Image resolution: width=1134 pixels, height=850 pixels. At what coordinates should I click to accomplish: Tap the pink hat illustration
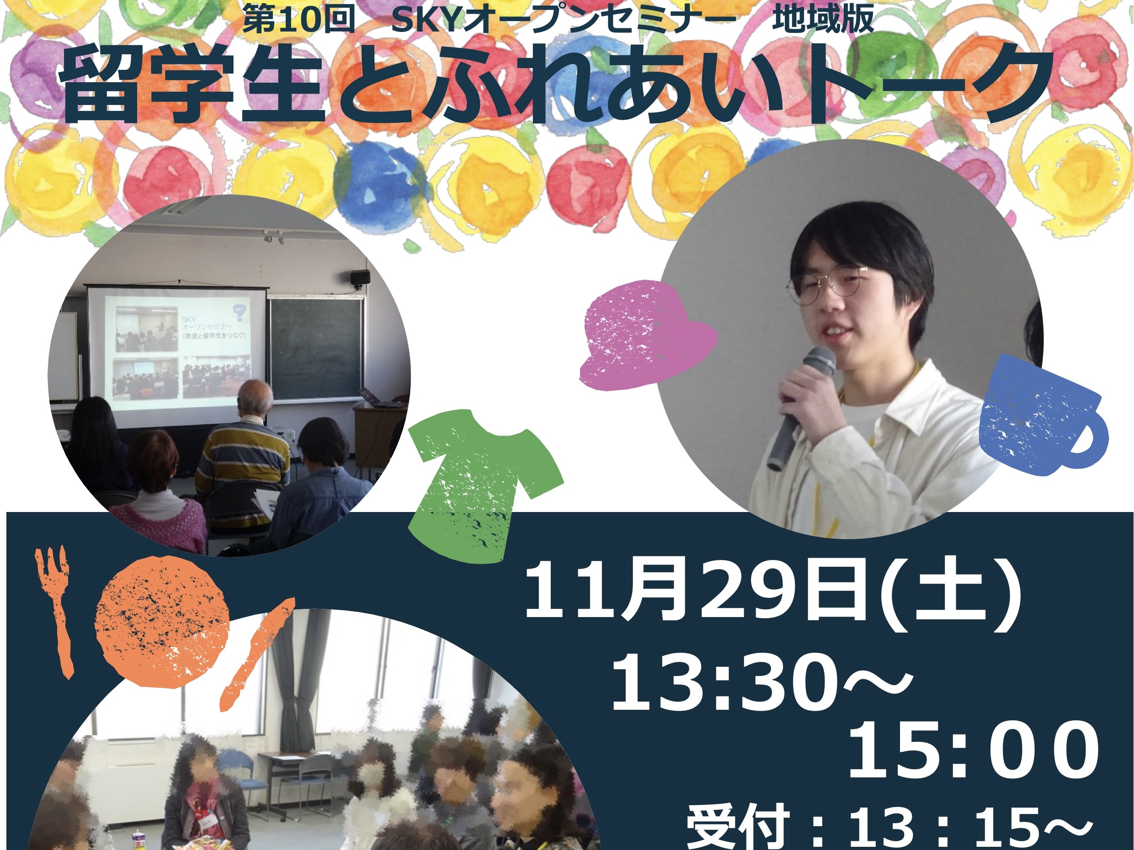[647, 335]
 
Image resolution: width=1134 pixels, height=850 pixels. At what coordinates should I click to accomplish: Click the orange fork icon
[54, 610]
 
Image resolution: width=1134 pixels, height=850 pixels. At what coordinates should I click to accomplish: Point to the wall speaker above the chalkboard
[360, 278]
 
